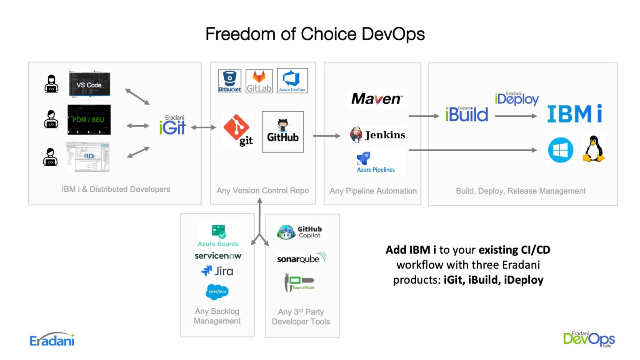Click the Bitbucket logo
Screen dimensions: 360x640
pyautogui.click(x=230, y=81)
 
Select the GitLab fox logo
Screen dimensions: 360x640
pyautogui.click(x=259, y=81)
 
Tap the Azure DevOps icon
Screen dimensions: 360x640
pyautogui.click(x=292, y=80)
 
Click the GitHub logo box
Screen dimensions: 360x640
pyautogui.click(x=283, y=132)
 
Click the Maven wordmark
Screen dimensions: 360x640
pyautogui.click(x=377, y=99)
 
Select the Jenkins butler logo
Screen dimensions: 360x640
pyautogui.click(x=357, y=135)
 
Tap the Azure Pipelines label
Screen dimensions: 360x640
pyautogui.click(x=376, y=170)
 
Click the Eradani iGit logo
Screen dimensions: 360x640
pyautogui.click(x=172, y=125)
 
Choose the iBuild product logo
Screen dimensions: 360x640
pyautogui.click(x=466, y=114)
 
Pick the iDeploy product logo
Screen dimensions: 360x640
pyautogui.click(x=517, y=98)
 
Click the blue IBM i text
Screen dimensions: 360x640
pyautogui.click(x=574, y=114)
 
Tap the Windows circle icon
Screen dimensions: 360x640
pyautogui.click(x=560, y=150)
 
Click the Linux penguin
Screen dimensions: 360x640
pyautogui.click(x=593, y=149)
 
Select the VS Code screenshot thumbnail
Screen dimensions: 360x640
pyautogui.click(x=89, y=84)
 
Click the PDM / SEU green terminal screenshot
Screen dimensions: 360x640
pyautogui.click(x=89, y=120)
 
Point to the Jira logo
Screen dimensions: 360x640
pyautogui.click(x=217, y=271)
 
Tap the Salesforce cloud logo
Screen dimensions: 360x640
pyautogui.click(x=217, y=292)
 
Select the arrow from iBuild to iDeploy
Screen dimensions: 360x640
pyautogui.click(x=516, y=116)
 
